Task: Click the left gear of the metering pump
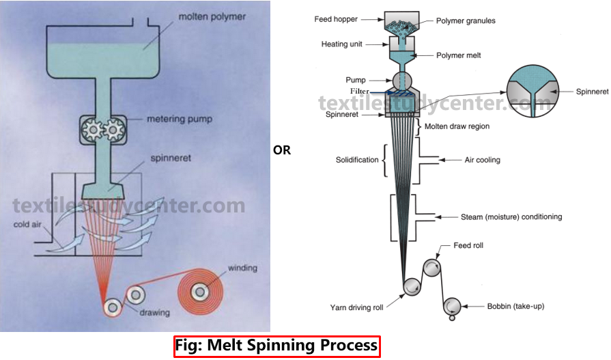91,128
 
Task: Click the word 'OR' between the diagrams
282,150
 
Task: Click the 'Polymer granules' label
466,20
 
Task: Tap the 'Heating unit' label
341,44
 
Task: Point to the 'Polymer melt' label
459,55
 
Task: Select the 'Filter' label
360,92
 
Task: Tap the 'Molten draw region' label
457,126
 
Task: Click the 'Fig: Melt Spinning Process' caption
276,346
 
